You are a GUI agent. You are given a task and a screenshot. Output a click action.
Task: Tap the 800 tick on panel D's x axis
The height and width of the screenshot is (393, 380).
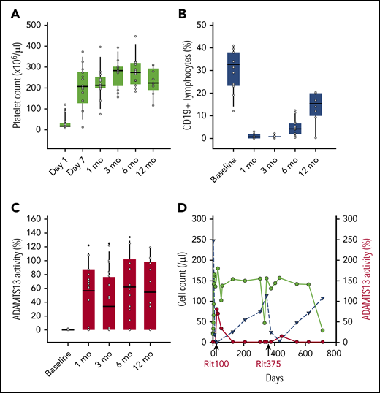(333, 351)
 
